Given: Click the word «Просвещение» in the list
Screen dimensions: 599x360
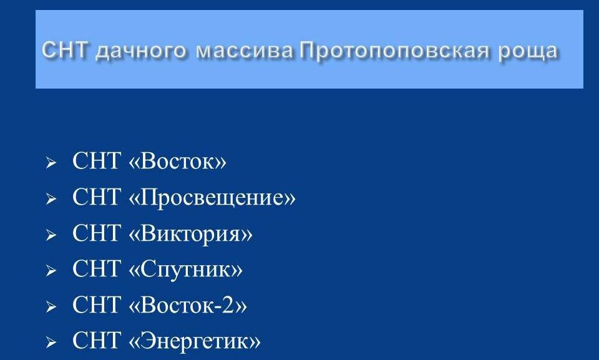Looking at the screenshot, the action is (x=212, y=198).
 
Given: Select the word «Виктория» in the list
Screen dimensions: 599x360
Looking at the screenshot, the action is (x=191, y=233).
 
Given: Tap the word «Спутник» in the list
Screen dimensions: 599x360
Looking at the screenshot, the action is (x=186, y=269).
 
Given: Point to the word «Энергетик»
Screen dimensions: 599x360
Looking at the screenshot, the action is (x=195, y=341).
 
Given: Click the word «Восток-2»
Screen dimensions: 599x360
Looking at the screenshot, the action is (x=188, y=305).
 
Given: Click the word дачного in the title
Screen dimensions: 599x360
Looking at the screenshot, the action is (x=142, y=51).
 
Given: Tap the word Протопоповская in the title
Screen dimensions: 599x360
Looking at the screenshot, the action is (x=394, y=51).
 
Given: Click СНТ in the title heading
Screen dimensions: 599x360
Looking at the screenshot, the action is (x=65, y=50).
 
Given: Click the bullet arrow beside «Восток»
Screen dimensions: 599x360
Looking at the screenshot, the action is (x=51, y=163).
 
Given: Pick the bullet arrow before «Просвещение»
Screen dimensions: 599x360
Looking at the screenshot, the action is (x=51, y=199).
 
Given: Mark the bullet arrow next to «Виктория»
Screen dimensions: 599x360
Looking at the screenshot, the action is (x=51, y=235).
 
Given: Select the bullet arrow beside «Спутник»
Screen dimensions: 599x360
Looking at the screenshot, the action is (x=51, y=271).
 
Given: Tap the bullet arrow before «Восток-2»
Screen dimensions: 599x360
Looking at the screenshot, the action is (x=51, y=306).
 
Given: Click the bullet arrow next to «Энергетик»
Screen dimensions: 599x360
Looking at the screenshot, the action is (x=51, y=343).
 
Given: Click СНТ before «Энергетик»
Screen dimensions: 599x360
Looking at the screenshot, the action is (x=96, y=340).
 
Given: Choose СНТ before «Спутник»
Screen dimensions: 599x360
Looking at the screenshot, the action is (x=96, y=268).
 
